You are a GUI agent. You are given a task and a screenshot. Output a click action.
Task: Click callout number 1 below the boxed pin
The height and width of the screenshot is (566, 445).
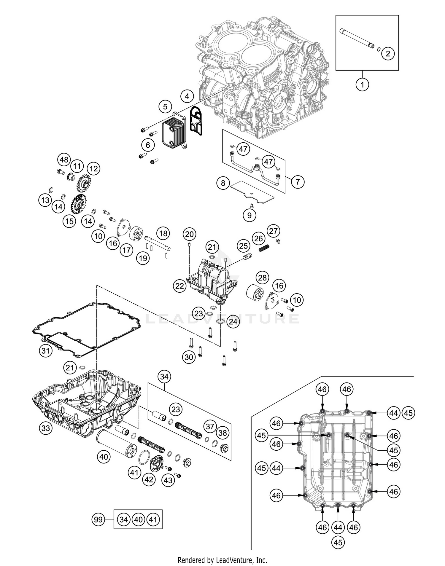(x=362, y=85)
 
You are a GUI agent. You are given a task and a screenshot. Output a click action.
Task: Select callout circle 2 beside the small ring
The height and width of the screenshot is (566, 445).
(x=388, y=54)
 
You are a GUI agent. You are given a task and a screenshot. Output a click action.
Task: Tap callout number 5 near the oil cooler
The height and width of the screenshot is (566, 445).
(x=165, y=106)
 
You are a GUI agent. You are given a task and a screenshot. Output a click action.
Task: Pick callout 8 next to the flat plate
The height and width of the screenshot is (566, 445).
(x=223, y=183)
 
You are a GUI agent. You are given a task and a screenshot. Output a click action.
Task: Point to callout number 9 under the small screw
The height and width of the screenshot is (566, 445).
(x=249, y=215)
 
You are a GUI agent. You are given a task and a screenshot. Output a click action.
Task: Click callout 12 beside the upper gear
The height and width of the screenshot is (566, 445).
(x=93, y=169)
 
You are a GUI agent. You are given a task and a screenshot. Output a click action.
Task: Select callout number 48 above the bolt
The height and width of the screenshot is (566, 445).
(x=64, y=160)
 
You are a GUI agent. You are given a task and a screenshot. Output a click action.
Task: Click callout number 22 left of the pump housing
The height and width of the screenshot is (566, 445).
(x=180, y=286)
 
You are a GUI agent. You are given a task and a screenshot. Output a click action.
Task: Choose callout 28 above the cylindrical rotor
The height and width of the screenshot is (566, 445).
(x=262, y=278)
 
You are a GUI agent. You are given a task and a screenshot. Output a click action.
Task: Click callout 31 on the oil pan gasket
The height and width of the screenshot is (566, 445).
(x=45, y=351)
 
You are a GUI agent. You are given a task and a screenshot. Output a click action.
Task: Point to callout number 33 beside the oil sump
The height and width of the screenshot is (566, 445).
(x=45, y=428)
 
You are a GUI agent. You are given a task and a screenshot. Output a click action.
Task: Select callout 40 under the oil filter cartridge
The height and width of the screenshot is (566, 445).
(x=104, y=457)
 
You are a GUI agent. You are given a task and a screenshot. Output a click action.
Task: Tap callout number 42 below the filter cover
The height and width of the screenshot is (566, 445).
(x=149, y=479)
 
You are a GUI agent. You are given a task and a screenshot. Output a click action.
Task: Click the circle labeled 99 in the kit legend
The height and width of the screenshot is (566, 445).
(x=98, y=519)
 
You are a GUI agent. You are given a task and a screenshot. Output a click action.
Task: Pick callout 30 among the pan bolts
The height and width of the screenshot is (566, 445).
(x=189, y=357)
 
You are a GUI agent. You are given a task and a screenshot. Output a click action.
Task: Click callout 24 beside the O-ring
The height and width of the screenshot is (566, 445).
(x=233, y=322)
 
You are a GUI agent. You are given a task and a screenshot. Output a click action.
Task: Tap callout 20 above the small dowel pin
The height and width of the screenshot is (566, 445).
(x=189, y=235)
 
